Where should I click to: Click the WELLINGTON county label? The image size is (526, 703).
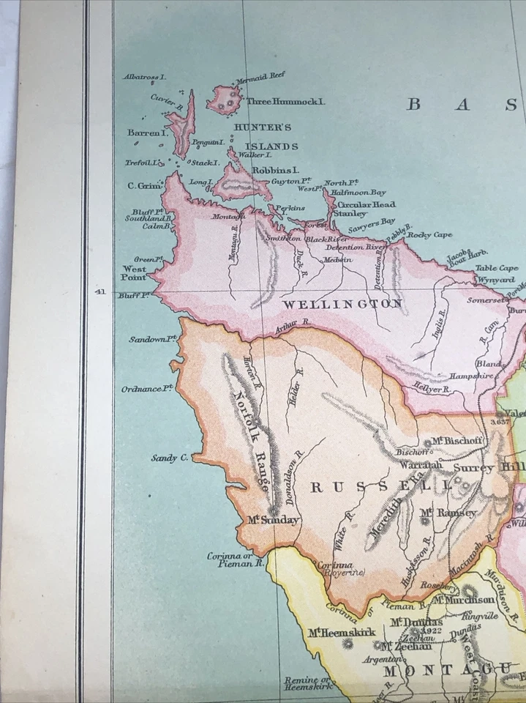coord(342,303)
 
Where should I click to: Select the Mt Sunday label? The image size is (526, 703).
coord(273,520)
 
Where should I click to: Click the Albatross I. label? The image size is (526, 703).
coord(145,76)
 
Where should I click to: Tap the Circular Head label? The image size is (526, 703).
coord(366,204)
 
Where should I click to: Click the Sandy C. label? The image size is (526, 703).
coord(170,458)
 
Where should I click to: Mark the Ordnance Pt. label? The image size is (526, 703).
coord(146,389)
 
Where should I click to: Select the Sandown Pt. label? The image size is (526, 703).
coord(154,339)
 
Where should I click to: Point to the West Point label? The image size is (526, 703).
coord(133,273)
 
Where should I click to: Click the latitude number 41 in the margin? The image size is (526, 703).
coord(100,291)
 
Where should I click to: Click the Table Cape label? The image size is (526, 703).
coord(497,268)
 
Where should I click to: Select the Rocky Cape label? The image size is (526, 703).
coord(429,235)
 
